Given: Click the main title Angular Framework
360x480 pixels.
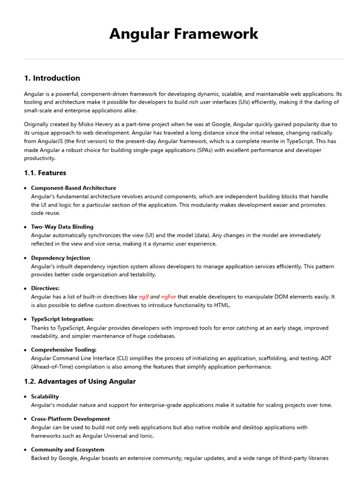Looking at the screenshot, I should (x=184, y=34).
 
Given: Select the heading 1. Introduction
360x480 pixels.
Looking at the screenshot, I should (x=52, y=78).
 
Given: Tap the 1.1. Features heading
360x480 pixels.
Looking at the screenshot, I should (x=45, y=173).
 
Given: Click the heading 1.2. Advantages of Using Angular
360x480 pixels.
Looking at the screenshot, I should (x=80, y=382).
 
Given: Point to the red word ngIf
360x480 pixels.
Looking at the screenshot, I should (x=143, y=297).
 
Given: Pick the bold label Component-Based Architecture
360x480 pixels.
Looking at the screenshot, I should (x=74, y=188).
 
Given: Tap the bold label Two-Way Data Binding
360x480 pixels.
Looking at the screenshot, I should (x=62, y=227).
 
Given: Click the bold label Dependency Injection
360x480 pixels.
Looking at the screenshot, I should (x=60, y=258).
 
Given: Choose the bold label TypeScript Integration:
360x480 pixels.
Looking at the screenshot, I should (x=62, y=319).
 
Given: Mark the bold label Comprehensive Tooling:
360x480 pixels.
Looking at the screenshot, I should (x=64, y=350).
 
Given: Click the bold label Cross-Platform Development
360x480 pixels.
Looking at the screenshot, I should (x=70, y=419).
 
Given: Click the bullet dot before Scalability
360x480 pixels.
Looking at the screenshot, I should (x=25, y=397).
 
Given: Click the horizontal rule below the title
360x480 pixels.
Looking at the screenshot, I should (x=184, y=59).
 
